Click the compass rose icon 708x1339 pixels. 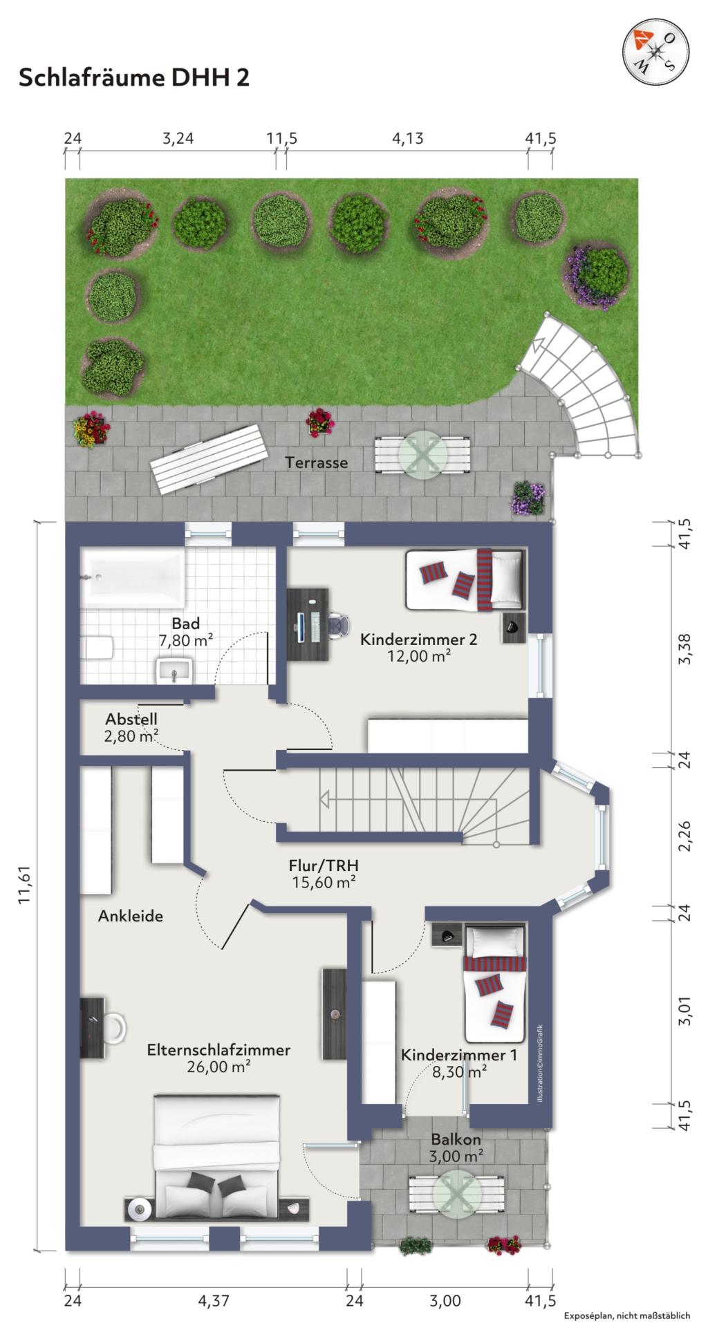coord(656,51)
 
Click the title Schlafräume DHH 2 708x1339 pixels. coord(133,77)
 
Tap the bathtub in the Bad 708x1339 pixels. coord(132,576)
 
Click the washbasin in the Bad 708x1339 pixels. coord(175,670)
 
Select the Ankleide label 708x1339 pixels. coord(131,917)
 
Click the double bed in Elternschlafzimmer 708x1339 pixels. coord(216,1157)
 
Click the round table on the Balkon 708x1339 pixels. coord(456,1191)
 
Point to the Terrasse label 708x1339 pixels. coord(317,462)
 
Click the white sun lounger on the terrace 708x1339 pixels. coord(209,459)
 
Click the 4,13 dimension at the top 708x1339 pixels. coord(407,138)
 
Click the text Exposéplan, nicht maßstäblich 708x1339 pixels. coord(626,1315)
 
